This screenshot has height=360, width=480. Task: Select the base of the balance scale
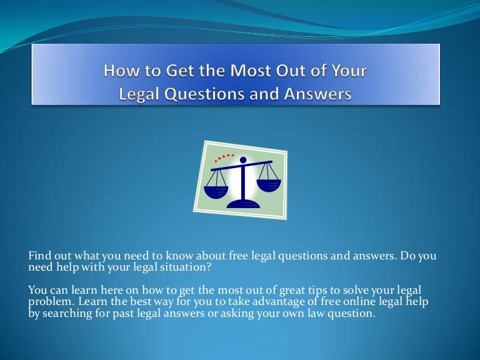point(243,204)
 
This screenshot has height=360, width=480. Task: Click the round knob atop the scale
point(243,160)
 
